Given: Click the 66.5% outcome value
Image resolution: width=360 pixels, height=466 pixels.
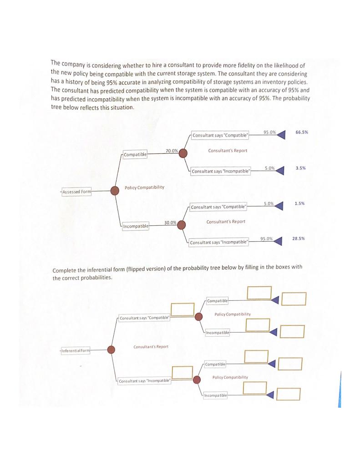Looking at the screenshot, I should click(301, 132).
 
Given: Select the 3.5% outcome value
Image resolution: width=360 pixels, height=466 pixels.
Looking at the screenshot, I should click(300, 168).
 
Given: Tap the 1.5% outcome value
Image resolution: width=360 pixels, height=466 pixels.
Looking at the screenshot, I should click(299, 203).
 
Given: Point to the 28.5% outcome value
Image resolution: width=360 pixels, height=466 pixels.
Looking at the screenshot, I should click(298, 238).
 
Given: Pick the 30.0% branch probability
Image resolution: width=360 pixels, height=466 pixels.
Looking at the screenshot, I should click(170, 222).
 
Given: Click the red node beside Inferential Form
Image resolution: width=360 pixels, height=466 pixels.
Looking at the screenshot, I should click(110, 349).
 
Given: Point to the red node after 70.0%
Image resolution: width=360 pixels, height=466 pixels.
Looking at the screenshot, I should click(183, 153).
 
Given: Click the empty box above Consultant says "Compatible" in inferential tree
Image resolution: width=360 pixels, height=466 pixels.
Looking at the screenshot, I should click(183, 309).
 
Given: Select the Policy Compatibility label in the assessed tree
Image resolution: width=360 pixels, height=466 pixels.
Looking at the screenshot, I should click(144, 187).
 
